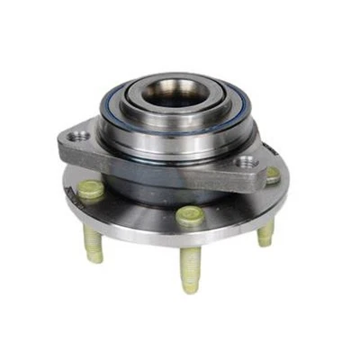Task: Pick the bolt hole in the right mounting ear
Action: tap(244, 164)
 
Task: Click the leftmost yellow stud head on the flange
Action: tap(91, 189)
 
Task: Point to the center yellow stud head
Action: tap(188, 215)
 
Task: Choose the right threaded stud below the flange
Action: tap(265, 232)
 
